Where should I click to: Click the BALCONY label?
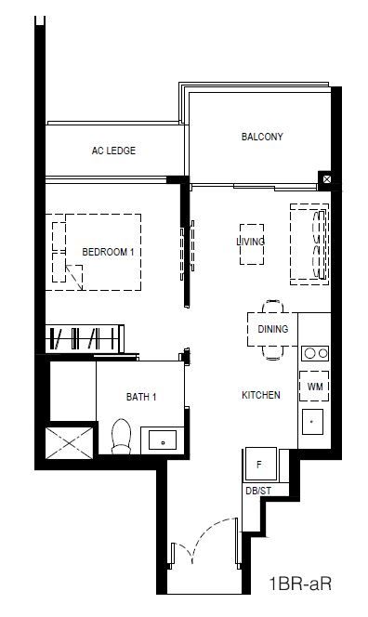tap(262, 137)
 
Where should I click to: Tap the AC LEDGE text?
tap(113, 151)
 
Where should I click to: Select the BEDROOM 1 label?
tap(108, 252)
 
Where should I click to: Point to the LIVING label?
tap(250, 242)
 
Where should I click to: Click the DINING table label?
tap(273, 329)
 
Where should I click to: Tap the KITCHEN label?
tap(261, 395)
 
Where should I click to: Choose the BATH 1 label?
tap(141, 397)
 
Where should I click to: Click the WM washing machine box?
tap(314, 387)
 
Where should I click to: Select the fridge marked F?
tap(260, 465)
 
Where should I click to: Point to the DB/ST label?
tap(258, 491)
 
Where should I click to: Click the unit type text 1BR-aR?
tap(300, 584)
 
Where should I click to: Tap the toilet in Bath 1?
tap(121, 437)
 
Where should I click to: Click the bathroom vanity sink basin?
tap(163, 440)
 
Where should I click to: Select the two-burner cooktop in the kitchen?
tap(315, 353)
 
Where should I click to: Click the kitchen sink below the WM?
tap(312, 422)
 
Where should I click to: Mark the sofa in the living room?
tap(309, 244)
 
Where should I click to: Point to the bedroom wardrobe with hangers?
tap(85, 339)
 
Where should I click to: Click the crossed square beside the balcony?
tap(327, 179)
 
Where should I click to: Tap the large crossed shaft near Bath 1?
tap(70, 443)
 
